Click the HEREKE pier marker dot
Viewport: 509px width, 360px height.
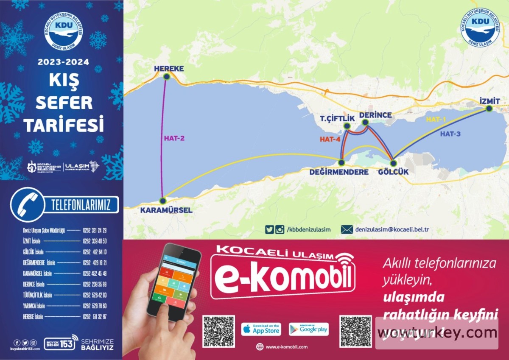[x=167, y=77]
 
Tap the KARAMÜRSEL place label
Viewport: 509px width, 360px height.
[x=166, y=210]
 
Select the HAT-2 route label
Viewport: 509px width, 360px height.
[x=174, y=138]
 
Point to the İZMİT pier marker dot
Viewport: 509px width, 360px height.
[x=489, y=109]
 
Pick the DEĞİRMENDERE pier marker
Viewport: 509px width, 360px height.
[x=341, y=162]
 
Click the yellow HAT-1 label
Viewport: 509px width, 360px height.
[x=436, y=120]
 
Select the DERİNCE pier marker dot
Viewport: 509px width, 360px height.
[x=365, y=123]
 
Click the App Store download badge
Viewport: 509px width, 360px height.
[x=261, y=329]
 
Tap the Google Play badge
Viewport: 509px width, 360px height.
[x=309, y=329]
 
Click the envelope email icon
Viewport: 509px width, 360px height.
[x=347, y=229]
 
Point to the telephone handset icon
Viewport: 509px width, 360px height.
[x=27, y=204]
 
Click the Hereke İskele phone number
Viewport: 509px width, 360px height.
[x=95, y=316]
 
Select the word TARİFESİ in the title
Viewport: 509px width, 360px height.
[x=64, y=125]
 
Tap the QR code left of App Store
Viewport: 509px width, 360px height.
[x=218, y=331]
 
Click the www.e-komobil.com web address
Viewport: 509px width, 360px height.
[x=286, y=347]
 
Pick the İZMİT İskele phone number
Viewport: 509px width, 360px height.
[x=95, y=241]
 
